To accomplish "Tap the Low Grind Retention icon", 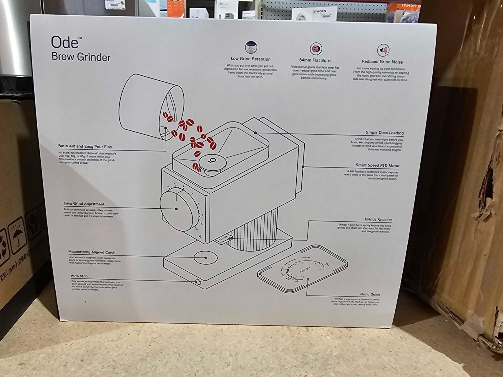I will click(x=251, y=47).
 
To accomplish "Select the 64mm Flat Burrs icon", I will click(x=316, y=49).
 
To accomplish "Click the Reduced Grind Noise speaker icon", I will click(x=383, y=50).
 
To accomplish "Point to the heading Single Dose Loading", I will click(x=385, y=133).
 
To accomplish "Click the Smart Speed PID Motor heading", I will click(x=377, y=165).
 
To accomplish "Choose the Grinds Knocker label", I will click(x=378, y=219).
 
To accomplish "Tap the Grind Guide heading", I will click(x=370, y=294).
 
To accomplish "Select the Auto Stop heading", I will click(x=79, y=276).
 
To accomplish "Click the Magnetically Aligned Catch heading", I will click(x=92, y=252).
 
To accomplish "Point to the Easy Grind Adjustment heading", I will click(x=84, y=204).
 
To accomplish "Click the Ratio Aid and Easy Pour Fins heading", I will click(x=85, y=146).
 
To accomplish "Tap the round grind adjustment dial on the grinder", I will click(x=177, y=209).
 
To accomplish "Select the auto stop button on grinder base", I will click(x=198, y=281).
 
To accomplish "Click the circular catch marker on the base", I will click(x=206, y=257).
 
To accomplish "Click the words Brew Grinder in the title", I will click(x=81, y=57).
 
